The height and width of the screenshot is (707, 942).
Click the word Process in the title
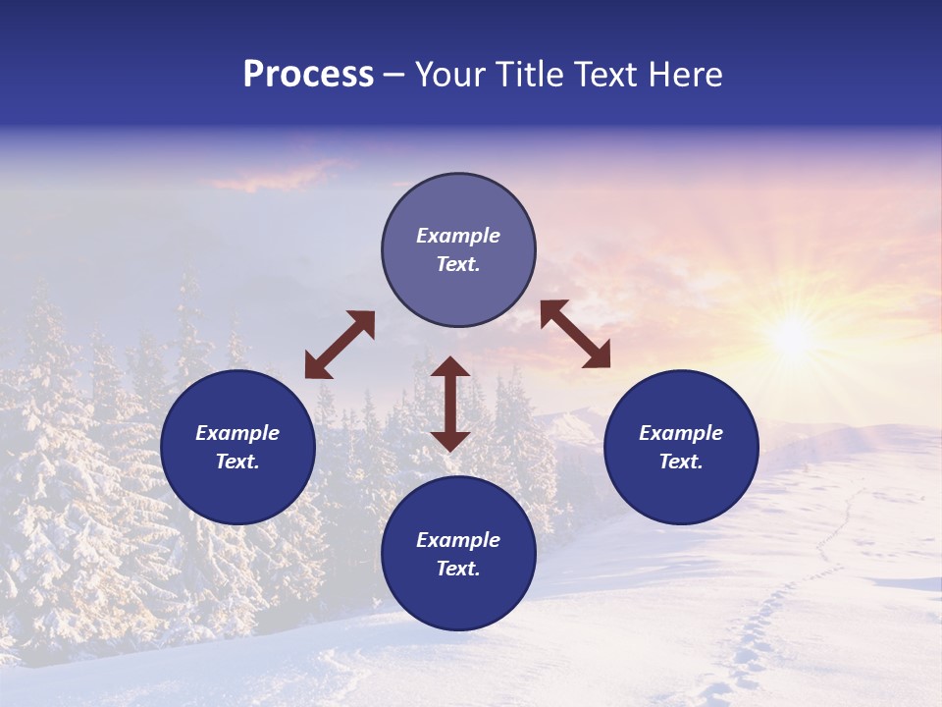pos(308,76)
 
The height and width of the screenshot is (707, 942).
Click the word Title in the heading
pos(525,76)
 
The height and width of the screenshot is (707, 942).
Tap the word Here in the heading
pos(685,76)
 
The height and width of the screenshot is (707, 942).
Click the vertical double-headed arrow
pos(450,404)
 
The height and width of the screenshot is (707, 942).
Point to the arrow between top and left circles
pos(340,345)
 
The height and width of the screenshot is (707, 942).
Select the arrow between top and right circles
pos(575,334)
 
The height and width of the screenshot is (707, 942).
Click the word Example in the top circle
pos(458,236)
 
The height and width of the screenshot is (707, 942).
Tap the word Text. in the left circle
pos(237,462)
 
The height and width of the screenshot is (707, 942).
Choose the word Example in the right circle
pos(681,433)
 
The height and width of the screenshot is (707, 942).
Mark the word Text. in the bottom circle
pos(458,569)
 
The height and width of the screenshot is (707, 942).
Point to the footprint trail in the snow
pos(775,609)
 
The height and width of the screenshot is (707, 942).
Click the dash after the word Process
pos(393,76)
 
